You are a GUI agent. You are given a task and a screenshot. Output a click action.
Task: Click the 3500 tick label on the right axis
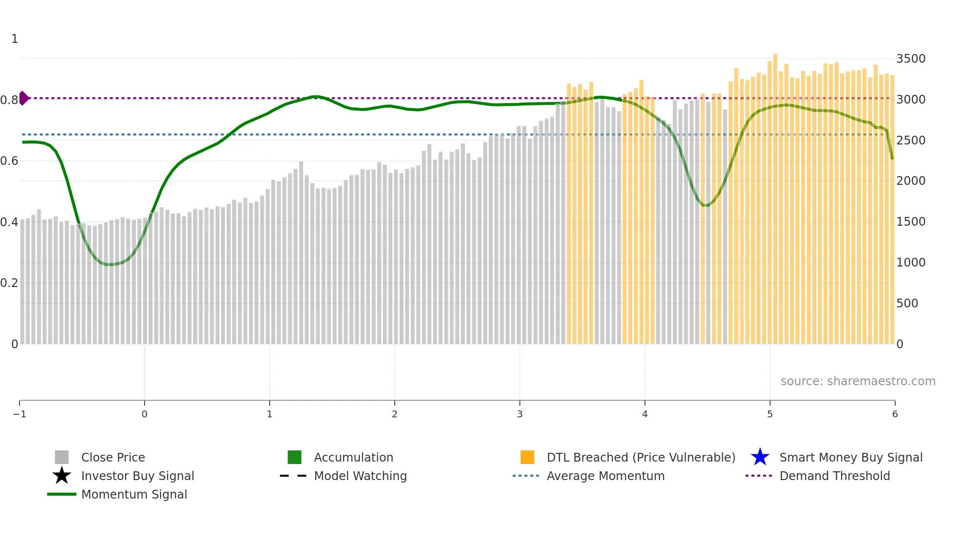click(911, 59)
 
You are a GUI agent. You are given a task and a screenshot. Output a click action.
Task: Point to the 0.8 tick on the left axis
click(9, 100)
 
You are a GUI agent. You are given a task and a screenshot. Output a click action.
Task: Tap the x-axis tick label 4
click(644, 414)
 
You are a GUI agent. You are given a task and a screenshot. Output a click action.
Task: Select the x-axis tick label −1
click(19, 414)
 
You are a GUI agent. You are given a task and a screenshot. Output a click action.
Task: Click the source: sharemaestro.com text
click(858, 381)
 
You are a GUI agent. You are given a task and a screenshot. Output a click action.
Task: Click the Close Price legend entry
click(113, 457)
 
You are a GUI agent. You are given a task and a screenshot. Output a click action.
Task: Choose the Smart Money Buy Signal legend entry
click(851, 457)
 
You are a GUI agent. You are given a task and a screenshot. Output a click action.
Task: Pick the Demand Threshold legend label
click(834, 476)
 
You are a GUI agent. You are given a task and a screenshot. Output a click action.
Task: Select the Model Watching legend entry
click(360, 476)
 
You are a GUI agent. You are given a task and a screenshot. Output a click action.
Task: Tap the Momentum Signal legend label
click(134, 494)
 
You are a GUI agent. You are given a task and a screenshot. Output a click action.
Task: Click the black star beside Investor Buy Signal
click(62, 476)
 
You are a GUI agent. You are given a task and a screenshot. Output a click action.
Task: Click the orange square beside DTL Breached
click(527, 457)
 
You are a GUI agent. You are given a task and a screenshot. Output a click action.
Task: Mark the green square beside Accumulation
click(294, 457)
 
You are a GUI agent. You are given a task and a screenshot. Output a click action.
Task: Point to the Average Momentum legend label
click(605, 476)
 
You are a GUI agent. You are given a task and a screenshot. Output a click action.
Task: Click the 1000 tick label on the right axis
click(911, 263)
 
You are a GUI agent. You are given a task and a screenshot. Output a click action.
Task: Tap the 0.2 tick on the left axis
click(9, 283)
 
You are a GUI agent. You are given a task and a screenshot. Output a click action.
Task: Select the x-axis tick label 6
click(895, 414)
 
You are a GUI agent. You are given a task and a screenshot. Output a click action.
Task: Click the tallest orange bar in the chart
click(775, 195)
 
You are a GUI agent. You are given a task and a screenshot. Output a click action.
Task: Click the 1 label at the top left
click(15, 39)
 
